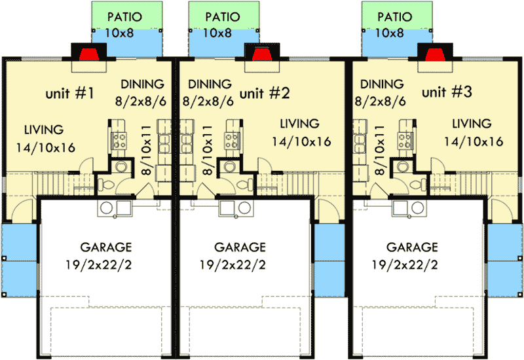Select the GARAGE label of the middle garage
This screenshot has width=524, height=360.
click(240, 247)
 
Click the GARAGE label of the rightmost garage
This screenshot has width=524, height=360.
click(412, 247)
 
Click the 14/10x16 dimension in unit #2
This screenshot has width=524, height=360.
click(301, 141)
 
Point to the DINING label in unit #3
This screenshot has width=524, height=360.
click(383, 84)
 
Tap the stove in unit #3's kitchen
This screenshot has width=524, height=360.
click(405, 139)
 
